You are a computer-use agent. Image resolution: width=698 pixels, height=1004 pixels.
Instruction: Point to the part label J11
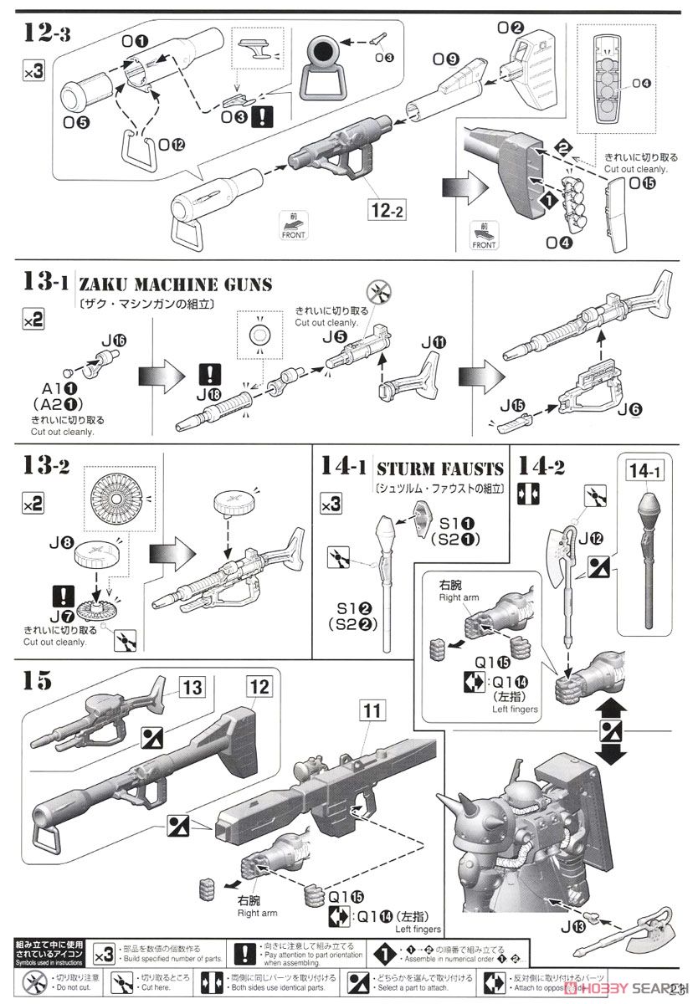click(x=434, y=342)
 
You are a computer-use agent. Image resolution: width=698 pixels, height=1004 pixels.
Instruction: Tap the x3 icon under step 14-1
click(x=331, y=504)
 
